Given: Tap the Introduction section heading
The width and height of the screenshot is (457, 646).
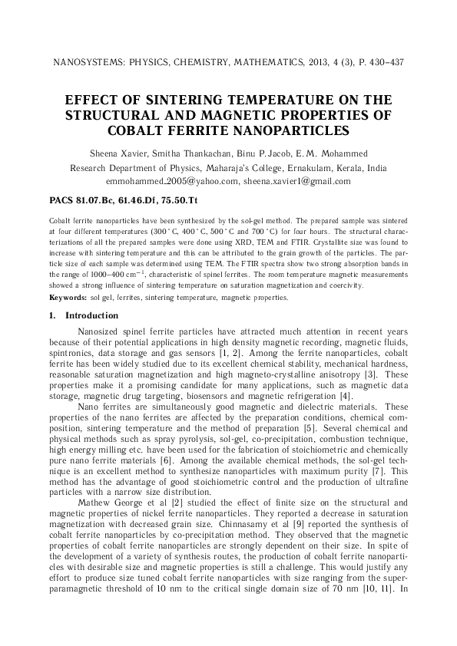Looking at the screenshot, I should [x=91, y=316].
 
